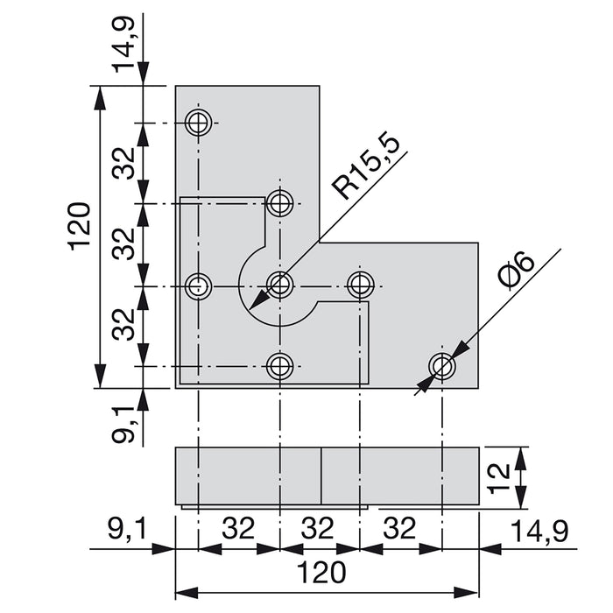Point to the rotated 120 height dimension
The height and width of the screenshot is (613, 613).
(80, 225)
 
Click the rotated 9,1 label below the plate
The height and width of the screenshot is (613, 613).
(123, 420)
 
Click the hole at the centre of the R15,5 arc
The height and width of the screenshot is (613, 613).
(280, 284)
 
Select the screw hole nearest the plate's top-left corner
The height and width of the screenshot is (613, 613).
(199, 122)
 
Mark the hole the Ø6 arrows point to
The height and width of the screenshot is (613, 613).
(442, 366)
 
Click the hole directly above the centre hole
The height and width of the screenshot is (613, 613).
(280, 204)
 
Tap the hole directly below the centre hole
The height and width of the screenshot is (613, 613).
(280, 366)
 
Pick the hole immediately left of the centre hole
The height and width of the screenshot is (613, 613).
(199, 285)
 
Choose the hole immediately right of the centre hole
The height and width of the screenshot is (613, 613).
(361, 284)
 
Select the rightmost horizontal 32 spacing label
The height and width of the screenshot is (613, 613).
(400, 530)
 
